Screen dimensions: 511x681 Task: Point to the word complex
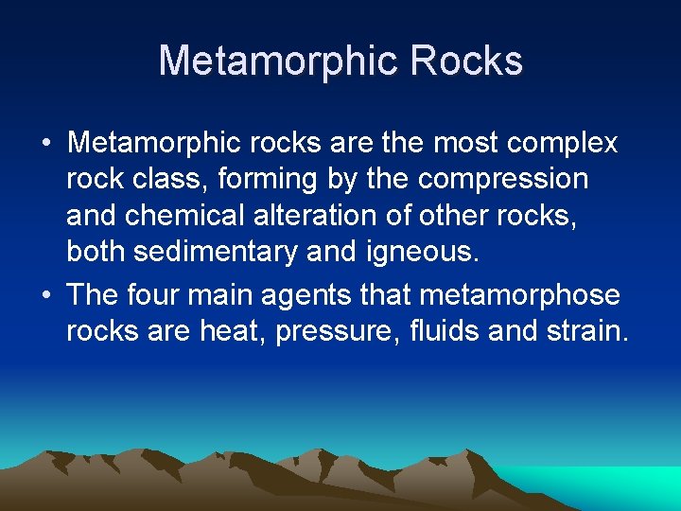pyautogui.click(x=563, y=144)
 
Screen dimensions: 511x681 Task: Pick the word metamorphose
pyautogui.click(x=520, y=295)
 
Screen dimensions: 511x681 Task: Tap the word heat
pyautogui.click(x=239, y=331)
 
